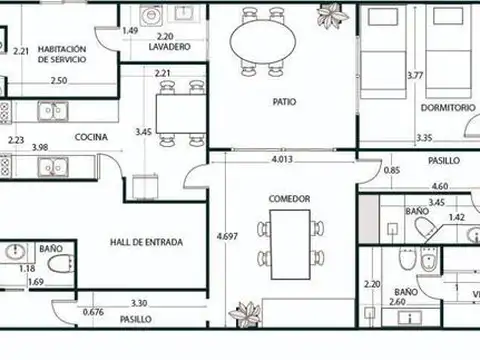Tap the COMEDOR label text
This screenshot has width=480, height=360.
click(289, 199)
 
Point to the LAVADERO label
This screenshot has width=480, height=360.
click(170, 47)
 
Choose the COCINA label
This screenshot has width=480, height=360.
click(91, 138)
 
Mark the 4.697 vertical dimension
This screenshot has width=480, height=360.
click(229, 236)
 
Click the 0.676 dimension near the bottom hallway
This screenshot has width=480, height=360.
click(93, 312)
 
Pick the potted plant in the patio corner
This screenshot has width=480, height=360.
click(330, 15)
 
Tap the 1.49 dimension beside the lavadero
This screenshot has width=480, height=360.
click(130, 31)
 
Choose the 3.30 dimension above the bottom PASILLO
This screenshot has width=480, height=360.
click(139, 303)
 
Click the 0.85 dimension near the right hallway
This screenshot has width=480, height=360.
click(392, 169)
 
